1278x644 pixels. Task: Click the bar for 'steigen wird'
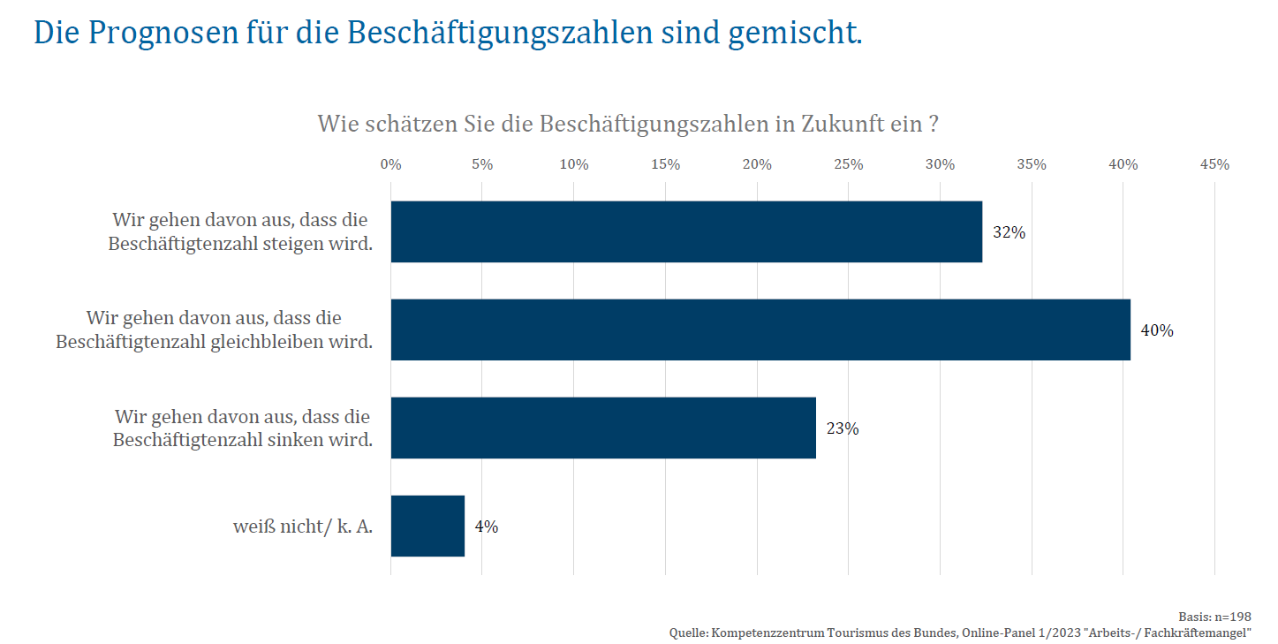[686, 231]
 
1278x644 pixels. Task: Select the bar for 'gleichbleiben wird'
[760, 330]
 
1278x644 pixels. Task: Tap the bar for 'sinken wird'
[603, 428]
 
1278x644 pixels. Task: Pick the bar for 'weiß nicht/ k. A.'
[427, 526]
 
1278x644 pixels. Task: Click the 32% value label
[1009, 233]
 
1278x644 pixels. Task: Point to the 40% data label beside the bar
[1157, 331]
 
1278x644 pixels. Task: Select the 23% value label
[843, 429]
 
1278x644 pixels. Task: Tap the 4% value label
[487, 527]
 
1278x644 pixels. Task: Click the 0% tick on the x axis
[390, 165]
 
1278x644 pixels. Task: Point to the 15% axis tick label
[665, 165]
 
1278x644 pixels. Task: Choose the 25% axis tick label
[849, 165]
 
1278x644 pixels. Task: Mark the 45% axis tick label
[1214, 165]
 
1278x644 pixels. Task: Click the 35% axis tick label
[1032, 165]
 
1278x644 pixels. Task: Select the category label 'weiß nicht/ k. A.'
[303, 527]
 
